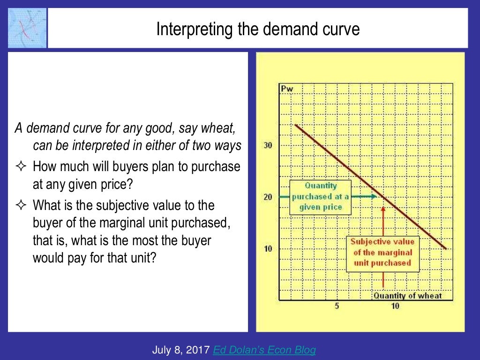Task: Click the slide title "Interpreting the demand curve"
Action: point(258,30)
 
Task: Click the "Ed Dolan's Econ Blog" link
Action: point(264,350)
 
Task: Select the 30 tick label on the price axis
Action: point(268,145)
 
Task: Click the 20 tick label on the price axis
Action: point(268,197)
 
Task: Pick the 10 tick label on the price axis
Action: point(268,248)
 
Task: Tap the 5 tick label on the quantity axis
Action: point(337,306)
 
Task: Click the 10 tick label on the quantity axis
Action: point(395,306)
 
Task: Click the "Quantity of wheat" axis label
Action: point(407,295)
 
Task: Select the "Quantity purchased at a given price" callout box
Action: point(320,196)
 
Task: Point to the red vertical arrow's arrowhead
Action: point(384,210)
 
